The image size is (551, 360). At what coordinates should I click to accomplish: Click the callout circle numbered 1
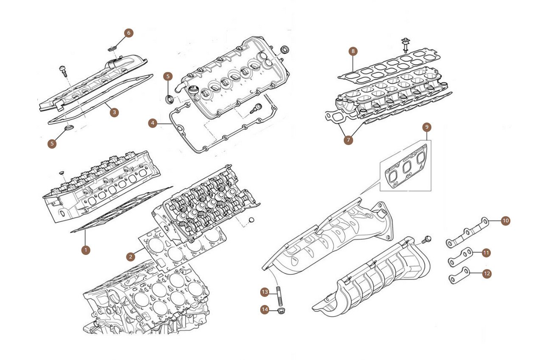click(86, 250)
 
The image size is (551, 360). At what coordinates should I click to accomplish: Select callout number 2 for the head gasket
click(131, 257)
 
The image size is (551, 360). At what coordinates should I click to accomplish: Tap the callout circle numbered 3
click(114, 113)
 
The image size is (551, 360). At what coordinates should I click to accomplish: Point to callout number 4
click(153, 123)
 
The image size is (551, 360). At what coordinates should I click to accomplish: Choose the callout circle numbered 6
click(129, 33)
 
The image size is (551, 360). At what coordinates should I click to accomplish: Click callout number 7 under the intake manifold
click(348, 140)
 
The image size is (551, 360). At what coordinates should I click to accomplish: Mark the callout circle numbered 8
click(353, 51)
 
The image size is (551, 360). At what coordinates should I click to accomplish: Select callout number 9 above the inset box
click(427, 127)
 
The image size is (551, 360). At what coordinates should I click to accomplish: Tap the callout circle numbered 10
click(506, 221)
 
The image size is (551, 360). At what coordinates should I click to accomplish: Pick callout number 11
click(486, 253)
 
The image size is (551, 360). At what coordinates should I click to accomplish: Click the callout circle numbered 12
click(487, 274)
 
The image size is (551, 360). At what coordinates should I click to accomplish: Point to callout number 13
click(264, 292)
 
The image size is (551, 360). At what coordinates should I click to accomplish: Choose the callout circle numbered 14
click(264, 309)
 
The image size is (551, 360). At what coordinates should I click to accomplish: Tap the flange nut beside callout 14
click(281, 310)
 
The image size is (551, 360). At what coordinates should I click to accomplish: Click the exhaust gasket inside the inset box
click(406, 167)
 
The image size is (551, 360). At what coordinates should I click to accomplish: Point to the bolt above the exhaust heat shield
click(426, 239)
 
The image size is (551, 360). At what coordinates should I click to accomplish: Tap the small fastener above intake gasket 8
click(404, 45)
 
